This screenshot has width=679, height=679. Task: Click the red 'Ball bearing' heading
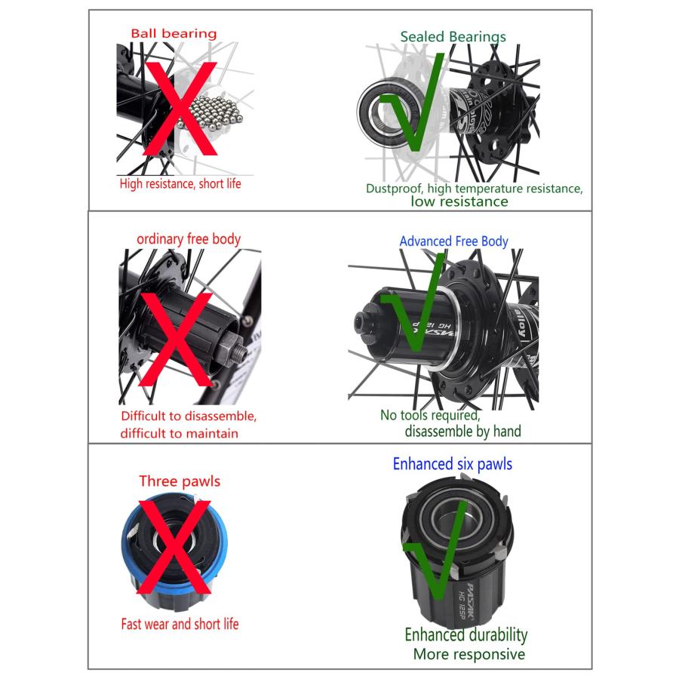coord(174,33)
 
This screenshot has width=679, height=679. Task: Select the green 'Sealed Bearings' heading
coord(453,37)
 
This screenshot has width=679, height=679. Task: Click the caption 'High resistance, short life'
coord(180,183)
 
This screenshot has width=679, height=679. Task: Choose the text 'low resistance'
coord(459,201)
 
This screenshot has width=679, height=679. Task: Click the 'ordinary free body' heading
coord(189,239)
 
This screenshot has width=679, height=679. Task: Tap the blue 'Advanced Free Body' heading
coord(453,241)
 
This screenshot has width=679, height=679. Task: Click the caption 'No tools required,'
coord(430,415)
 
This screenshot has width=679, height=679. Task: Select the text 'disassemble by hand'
coord(463,432)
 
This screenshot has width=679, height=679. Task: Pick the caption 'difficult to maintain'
coord(180,434)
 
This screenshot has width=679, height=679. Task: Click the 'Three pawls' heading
coord(180,481)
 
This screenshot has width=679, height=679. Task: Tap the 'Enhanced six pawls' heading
coord(453,464)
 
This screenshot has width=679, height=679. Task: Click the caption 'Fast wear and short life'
coord(180,624)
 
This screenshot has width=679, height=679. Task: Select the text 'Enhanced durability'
coord(466,634)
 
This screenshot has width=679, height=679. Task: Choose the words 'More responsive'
coord(469,654)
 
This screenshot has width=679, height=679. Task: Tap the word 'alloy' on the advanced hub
coord(520,324)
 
